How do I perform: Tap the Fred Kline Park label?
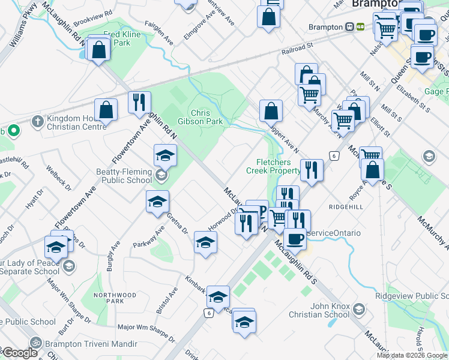pyautogui.click(x=122, y=39)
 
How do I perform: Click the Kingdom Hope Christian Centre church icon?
pyautogui.click(x=37, y=121)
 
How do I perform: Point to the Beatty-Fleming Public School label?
pyautogui.click(x=123, y=176)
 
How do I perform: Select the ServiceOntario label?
pyautogui.click(x=333, y=233)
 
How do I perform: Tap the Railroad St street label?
pyautogui.click(x=297, y=46)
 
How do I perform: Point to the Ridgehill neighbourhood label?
pyautogui.click(x=346, y=206)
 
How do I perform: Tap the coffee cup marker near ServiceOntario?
pyautogui.click(x=294, y=239)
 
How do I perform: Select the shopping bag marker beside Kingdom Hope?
pyautogui.click(x=106, y=110)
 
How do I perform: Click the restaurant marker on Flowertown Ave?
pyautogui.click(x=139, y=103)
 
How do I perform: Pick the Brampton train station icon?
pyautogui.click(x=349, y=26)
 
